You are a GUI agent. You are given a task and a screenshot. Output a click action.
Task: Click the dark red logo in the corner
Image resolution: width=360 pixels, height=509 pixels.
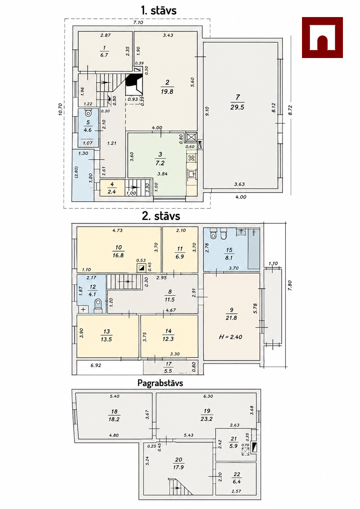[x=322, y=38]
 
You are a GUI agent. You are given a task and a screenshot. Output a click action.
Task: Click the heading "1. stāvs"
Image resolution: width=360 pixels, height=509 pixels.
[x=159, y=11]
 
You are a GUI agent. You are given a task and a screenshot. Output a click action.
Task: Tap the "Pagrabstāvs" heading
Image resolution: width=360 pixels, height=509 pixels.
[x=160, y=383]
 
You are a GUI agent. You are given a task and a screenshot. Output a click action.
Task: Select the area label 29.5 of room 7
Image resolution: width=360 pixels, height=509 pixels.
[x=237, y=107]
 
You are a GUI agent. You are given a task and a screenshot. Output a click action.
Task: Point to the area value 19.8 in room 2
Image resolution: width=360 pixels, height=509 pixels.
[x=167, y=91]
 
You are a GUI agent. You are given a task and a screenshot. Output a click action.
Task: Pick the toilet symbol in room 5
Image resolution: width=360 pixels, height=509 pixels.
[x=88, y=113]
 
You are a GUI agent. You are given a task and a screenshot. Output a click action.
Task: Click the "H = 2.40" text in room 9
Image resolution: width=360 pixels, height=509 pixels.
[x=231, y=337]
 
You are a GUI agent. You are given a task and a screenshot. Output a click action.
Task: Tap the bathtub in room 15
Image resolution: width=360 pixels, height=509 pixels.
[x=254, y=249]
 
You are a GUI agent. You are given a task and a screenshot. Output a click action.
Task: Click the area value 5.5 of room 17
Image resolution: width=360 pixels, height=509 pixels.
[x=168, y=371]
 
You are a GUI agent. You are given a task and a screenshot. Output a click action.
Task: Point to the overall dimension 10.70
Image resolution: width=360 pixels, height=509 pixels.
[x=60, y=110]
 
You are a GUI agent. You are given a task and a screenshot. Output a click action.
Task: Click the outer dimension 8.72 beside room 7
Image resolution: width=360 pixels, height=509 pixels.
[x=290, y=110]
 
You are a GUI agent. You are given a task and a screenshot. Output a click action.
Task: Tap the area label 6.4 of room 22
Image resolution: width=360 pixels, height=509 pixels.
[x=237, y=481]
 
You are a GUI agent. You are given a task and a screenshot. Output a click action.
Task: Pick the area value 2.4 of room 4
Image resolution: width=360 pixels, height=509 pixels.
[x=112, y=192]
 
